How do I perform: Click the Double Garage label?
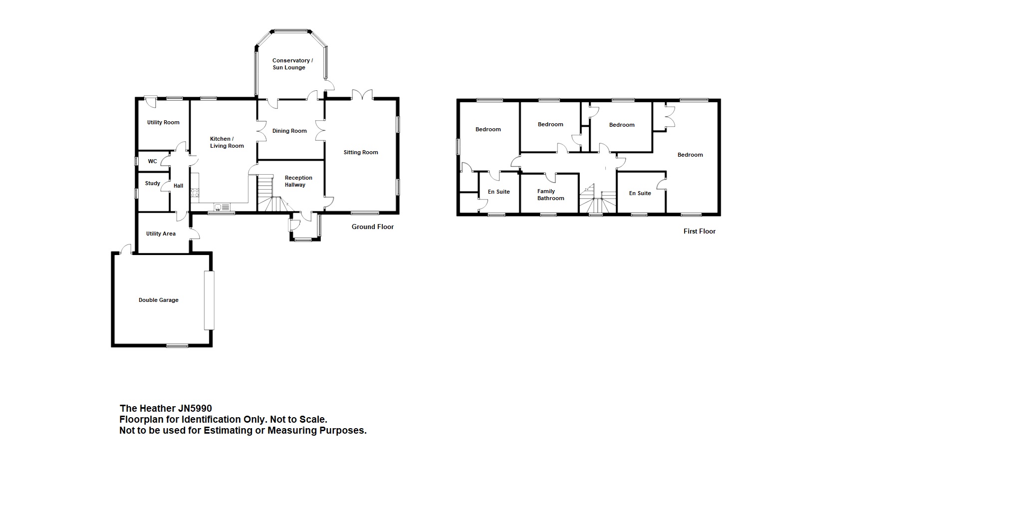tap(158, 300)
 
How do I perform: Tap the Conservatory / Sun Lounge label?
tap(292, 64)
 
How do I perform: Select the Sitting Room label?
tap(361, 152)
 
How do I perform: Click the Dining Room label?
tap(289, 131)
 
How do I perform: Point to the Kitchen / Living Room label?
tap(227, 142)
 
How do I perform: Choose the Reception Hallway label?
tap(298, 181)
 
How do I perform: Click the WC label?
tap(152, 161)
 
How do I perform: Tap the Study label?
tap(153, 183)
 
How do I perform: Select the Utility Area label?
tap(161, 234)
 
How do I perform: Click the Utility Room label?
tap(163, 122)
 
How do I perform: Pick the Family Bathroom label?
tap(550, 195)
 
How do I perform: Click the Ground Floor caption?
tap(373, 227)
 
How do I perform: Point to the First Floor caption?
tap(700, 231)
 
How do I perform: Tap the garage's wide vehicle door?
tap(209, 300)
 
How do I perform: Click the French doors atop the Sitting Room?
tap(362, 95)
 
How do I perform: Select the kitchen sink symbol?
tap(222, 207)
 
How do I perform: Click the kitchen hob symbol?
tap(195, 192)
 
